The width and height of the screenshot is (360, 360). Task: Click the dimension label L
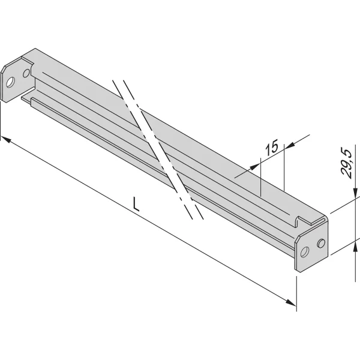click(136, 205)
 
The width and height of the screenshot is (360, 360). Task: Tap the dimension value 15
click(271, 147)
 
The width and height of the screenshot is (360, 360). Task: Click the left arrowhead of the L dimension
click(5, 139)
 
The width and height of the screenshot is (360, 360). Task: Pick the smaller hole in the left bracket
click(26, 73)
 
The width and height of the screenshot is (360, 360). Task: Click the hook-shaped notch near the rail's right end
click(298, 220)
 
